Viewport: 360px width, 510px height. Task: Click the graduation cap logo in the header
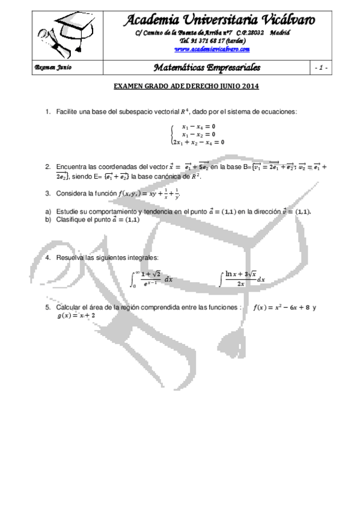pyautogui.click(x=66, y=32)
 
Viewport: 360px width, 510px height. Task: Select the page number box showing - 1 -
pyautogui.click(x=320, y=67)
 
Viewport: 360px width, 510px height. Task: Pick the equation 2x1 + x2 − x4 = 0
pyautogui.click(x=198, y=142)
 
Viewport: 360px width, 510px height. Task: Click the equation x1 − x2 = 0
pyautogui.click(x=198, y=135)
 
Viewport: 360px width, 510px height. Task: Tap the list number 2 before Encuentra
pyautogui.click(x=47, y=167)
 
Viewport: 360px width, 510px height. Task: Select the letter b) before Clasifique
pyautogui.click(x=47, y=220)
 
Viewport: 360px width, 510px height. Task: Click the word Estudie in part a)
pyautogui.click(x=67, y=212)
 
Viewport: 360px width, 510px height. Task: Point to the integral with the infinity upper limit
pyautogui.click(x=153, y=279)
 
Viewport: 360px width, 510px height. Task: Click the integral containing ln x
pyautogui.click(x=243, y=279)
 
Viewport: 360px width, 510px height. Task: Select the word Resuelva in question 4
pyautogui.click(x=71, y=257)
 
